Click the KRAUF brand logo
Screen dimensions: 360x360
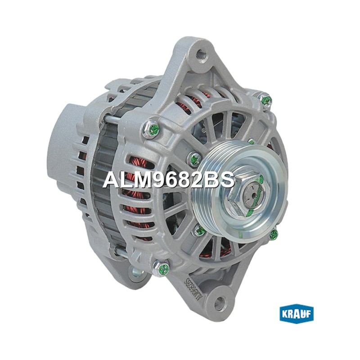pos(297,314)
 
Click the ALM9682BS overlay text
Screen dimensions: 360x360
pos(169,180)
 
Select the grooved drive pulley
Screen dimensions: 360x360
pos(240,193)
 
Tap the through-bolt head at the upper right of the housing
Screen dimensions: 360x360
pos(265,101)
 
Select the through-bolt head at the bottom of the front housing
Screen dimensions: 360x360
pos(161,268)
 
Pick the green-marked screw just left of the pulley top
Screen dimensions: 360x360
pos(194,159)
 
